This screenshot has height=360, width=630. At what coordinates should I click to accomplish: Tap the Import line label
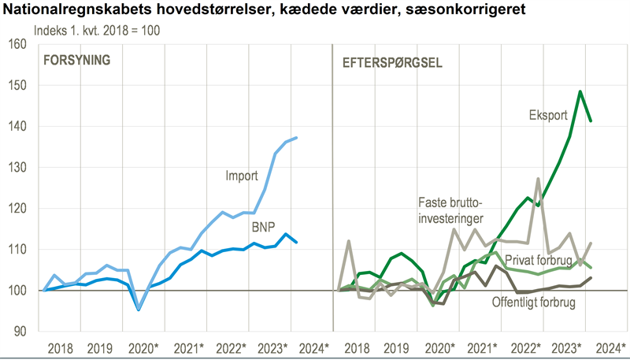242,176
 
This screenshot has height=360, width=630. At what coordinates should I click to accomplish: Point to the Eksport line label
547,115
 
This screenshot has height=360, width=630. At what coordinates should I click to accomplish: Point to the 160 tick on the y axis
17,44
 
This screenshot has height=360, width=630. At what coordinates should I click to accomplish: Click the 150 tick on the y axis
17,85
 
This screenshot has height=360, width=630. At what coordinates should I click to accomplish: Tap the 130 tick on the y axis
17,167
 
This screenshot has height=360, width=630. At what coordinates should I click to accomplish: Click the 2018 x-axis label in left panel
59,347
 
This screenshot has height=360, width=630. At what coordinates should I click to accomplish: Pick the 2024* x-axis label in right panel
610,347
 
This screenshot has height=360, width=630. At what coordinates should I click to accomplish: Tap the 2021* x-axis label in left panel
190,347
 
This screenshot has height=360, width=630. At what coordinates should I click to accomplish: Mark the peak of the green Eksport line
580,91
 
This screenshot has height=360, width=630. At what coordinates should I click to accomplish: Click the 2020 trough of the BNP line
139,310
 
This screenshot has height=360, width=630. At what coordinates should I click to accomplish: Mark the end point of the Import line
296,138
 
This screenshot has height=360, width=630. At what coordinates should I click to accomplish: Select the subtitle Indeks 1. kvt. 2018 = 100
97,29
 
